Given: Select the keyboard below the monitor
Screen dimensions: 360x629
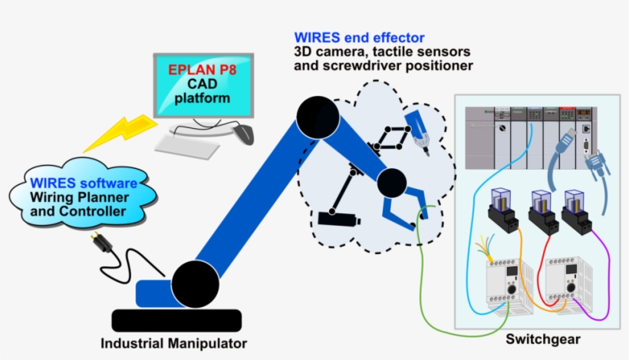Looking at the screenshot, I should pos(188,145).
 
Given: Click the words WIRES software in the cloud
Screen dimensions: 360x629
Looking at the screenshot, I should pos(84,184).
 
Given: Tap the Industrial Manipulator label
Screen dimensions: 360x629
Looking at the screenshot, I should pos(174,342).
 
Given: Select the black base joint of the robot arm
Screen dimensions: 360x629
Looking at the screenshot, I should pos(193,283).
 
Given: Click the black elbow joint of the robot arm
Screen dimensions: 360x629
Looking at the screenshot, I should pos(314,116).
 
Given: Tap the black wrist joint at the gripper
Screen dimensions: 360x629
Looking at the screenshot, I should pos(391,183).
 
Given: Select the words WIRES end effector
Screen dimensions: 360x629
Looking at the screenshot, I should pos(359,38).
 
